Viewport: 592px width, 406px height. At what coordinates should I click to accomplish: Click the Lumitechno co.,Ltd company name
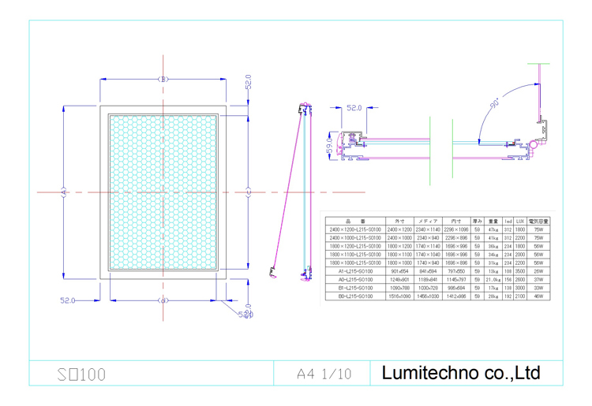coord(461,372)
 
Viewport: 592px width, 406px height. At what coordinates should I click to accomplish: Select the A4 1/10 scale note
coord(324,373)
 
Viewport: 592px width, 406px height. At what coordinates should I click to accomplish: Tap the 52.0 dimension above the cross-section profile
coord(354,107)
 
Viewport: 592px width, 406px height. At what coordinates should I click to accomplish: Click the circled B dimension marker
coord(163,80)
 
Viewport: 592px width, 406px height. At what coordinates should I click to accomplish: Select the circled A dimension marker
coord(64,192)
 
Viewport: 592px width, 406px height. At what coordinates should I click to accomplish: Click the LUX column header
coord(520,222)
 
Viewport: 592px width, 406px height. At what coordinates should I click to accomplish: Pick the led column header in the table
coord(508,222)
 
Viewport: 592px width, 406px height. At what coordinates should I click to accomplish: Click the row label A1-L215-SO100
coord(355,271)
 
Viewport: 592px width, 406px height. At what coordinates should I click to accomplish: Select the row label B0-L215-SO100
coord(355,296)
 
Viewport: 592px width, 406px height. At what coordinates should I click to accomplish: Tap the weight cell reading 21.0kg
coord(493,280)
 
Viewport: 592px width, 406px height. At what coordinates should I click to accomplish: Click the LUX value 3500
coord(520,271)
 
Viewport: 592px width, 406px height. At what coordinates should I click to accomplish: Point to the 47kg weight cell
coord(493,229)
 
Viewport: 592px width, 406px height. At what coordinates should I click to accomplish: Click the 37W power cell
coord(539,280)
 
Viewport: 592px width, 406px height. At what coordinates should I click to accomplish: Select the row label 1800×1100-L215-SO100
coord(355,255)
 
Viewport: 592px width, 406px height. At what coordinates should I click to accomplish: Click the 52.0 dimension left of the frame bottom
coord(69,300)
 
